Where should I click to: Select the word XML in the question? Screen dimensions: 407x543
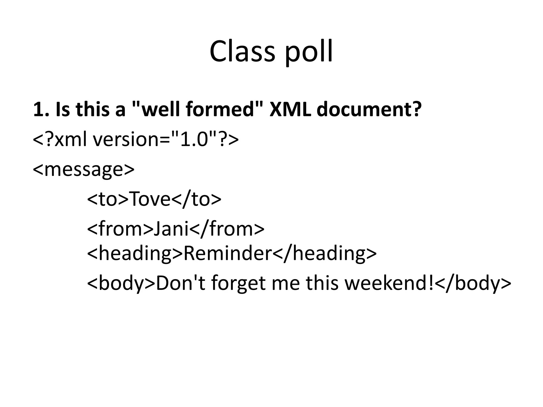[290, 109]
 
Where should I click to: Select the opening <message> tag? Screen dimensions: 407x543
[84, 170]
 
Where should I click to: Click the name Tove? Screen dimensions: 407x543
[150, 199]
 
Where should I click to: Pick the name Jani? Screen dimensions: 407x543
[171, 228]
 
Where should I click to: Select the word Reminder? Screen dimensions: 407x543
[228, 253]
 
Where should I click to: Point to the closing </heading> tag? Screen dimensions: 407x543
[325, 253]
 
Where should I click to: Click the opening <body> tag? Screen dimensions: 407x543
[121, 283]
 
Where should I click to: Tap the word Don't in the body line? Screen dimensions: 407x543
[181, 283]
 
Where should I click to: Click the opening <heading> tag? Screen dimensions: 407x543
[135, 253]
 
